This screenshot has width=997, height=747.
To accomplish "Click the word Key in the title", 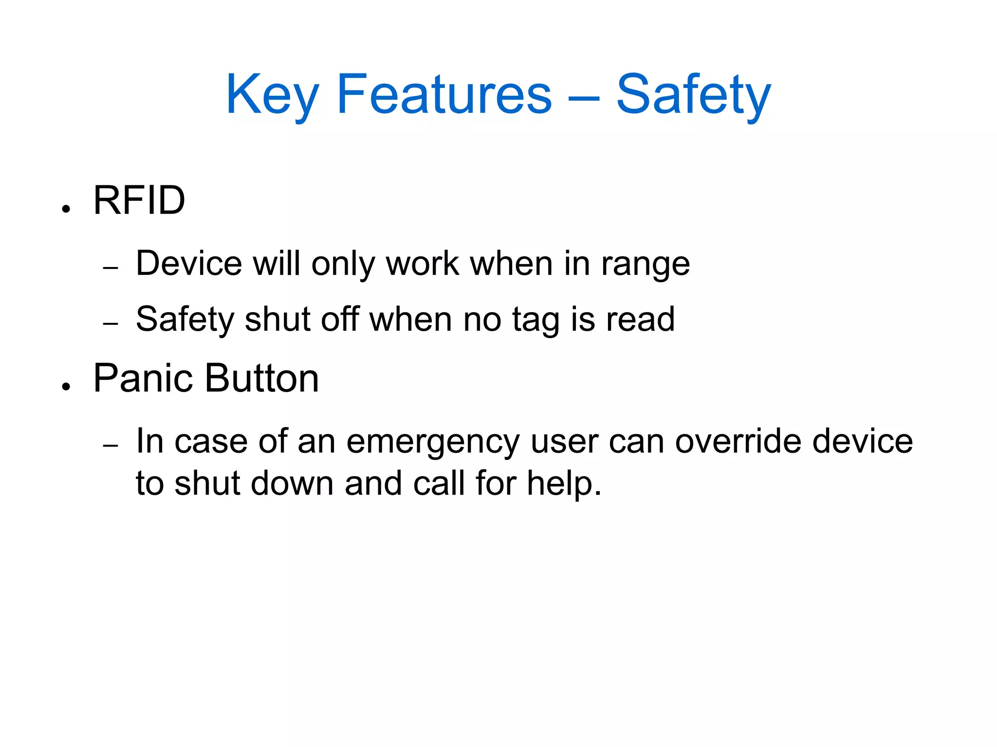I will pyautogui.click(x=272, y=95).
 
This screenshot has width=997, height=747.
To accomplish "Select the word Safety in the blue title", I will pyautogui.click(x=693, y=95).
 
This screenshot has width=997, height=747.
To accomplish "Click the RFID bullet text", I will pyautogui.click(x=139, y=200).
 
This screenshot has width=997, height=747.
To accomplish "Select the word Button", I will pyautogui.click(x=262, y=378).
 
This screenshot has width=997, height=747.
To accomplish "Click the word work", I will pyautogui.click(x=423, y=264).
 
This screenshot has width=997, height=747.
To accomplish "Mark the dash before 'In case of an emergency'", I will pyautogui.click(x=111, y=445).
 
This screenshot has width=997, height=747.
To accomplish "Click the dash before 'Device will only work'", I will pyautogui.click(x=111, y=268).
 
